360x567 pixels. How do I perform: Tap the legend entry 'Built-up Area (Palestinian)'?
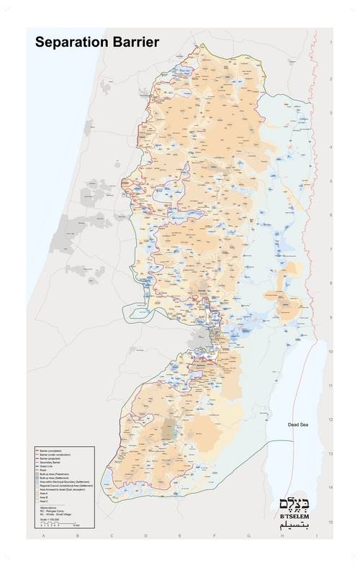click(55, 473)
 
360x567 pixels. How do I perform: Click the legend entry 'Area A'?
click(45, 494)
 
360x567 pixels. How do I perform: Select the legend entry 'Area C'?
click(45, 502)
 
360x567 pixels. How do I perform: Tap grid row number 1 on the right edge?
click(330, 44)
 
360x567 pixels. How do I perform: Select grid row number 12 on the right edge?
click(330, 419)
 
